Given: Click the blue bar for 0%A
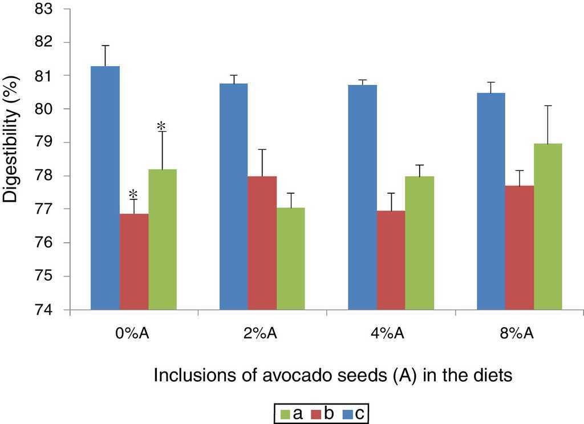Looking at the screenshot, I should [x=106, y=188].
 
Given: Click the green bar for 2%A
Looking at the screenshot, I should [x=290, y=259].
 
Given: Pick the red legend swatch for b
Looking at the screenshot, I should [x=315, y=413].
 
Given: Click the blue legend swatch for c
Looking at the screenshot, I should [x=346, y=413].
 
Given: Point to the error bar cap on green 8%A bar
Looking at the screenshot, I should [x=547, y=105].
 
